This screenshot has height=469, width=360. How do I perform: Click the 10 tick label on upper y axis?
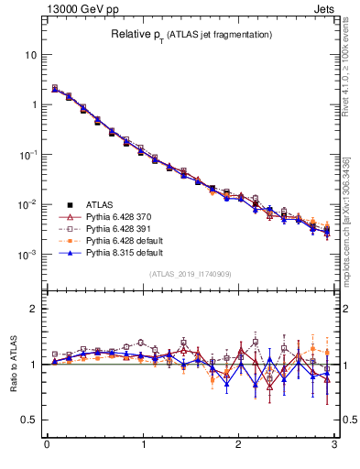(x=29, y=55)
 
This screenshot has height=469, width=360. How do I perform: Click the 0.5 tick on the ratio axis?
(x=27, y=420)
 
